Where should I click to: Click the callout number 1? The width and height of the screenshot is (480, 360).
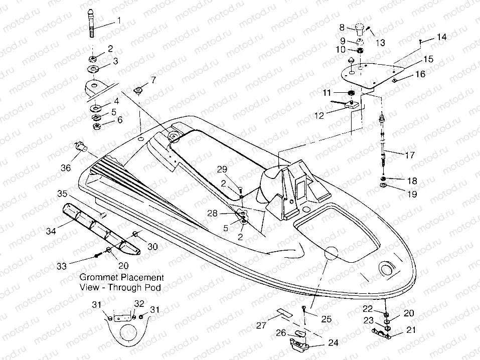tap(119, 21)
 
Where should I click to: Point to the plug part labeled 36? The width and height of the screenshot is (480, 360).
tap(81, 146)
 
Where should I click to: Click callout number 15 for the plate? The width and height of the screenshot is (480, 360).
tap(427, 59)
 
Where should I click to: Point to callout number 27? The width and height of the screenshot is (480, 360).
tap(261, 325)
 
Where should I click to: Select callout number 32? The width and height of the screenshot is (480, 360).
tap(139, 303)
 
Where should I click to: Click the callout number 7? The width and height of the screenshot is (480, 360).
tap(153, 80)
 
